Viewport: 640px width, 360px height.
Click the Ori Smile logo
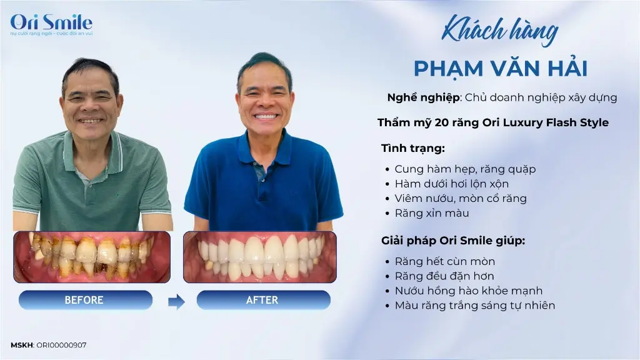coord(51,24)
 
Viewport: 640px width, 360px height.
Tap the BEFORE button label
coord(84,300)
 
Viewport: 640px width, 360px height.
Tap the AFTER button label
coord(262,300)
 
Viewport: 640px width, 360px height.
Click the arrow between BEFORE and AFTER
coord(176,302)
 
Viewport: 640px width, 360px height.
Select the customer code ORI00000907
coord(61,345)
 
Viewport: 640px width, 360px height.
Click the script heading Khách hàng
coord(500,31)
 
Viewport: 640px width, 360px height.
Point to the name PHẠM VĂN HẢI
coord(501,68)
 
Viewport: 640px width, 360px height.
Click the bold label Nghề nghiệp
coord(424,97)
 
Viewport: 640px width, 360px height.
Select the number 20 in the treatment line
coord(441,122)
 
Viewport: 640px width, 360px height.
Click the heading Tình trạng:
coord(413,148)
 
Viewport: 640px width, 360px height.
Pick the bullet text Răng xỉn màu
coord(432,213)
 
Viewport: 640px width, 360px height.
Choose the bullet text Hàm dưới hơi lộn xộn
coord(452,184)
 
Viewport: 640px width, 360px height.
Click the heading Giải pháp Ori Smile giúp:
coord(453,241)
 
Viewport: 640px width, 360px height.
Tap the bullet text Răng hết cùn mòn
coord(445,261)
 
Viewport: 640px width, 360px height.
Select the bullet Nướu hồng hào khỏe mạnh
coord(469,291)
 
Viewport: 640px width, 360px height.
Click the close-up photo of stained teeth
coord(92,257)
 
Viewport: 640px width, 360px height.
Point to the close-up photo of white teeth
coord(260,257)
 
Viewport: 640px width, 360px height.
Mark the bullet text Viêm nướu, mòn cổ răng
coord(461,198)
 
